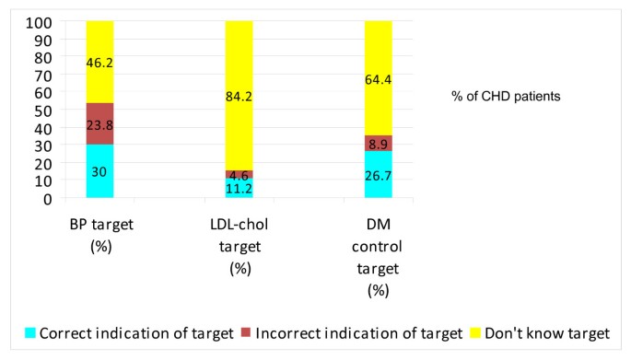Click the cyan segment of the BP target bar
(99, 171)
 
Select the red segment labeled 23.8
(99, 123)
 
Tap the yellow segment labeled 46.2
(99, 62)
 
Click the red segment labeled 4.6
(239, 174)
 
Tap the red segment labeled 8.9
(378, 143)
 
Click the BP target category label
(99, 235)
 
